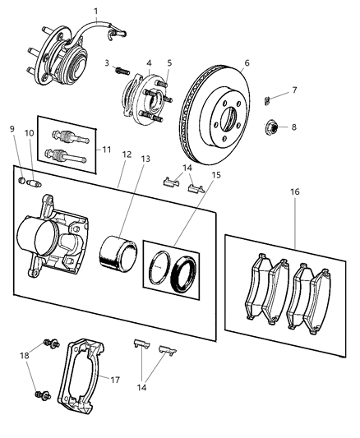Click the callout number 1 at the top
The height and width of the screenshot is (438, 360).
click(95, 11)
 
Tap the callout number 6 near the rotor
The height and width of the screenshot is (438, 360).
click(247, 62)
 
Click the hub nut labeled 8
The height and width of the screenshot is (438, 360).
click(272, 127)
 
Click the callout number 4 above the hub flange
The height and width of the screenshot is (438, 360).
click(149, 62)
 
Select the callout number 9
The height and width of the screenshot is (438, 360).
click(12, 128)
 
